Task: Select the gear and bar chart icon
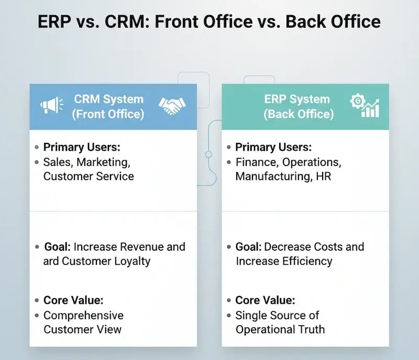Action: (366, 106)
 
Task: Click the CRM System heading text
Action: (108, 99)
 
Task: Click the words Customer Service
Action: (89, 176)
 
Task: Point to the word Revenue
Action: (144, 246)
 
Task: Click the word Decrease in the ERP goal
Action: (288, 246)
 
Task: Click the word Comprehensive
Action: (83, 316)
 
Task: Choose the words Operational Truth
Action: (280, 330)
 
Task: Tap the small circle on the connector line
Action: (208, 154)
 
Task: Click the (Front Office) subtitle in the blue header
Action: (108, 114)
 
